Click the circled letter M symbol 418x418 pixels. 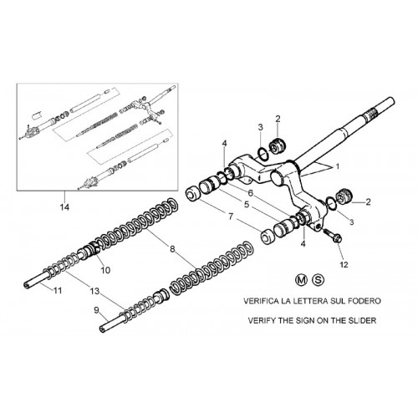301,279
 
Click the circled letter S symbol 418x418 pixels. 318,279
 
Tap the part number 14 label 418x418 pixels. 64,207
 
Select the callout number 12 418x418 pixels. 344,264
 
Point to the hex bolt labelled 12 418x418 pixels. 333,236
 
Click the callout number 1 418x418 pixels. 338,166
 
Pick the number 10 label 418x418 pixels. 105,270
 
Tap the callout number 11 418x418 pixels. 58,290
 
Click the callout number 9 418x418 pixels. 96,310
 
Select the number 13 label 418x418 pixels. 94,291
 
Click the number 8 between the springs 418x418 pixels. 172,248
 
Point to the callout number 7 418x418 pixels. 231,217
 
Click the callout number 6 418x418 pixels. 251,192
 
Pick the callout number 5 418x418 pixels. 247,205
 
